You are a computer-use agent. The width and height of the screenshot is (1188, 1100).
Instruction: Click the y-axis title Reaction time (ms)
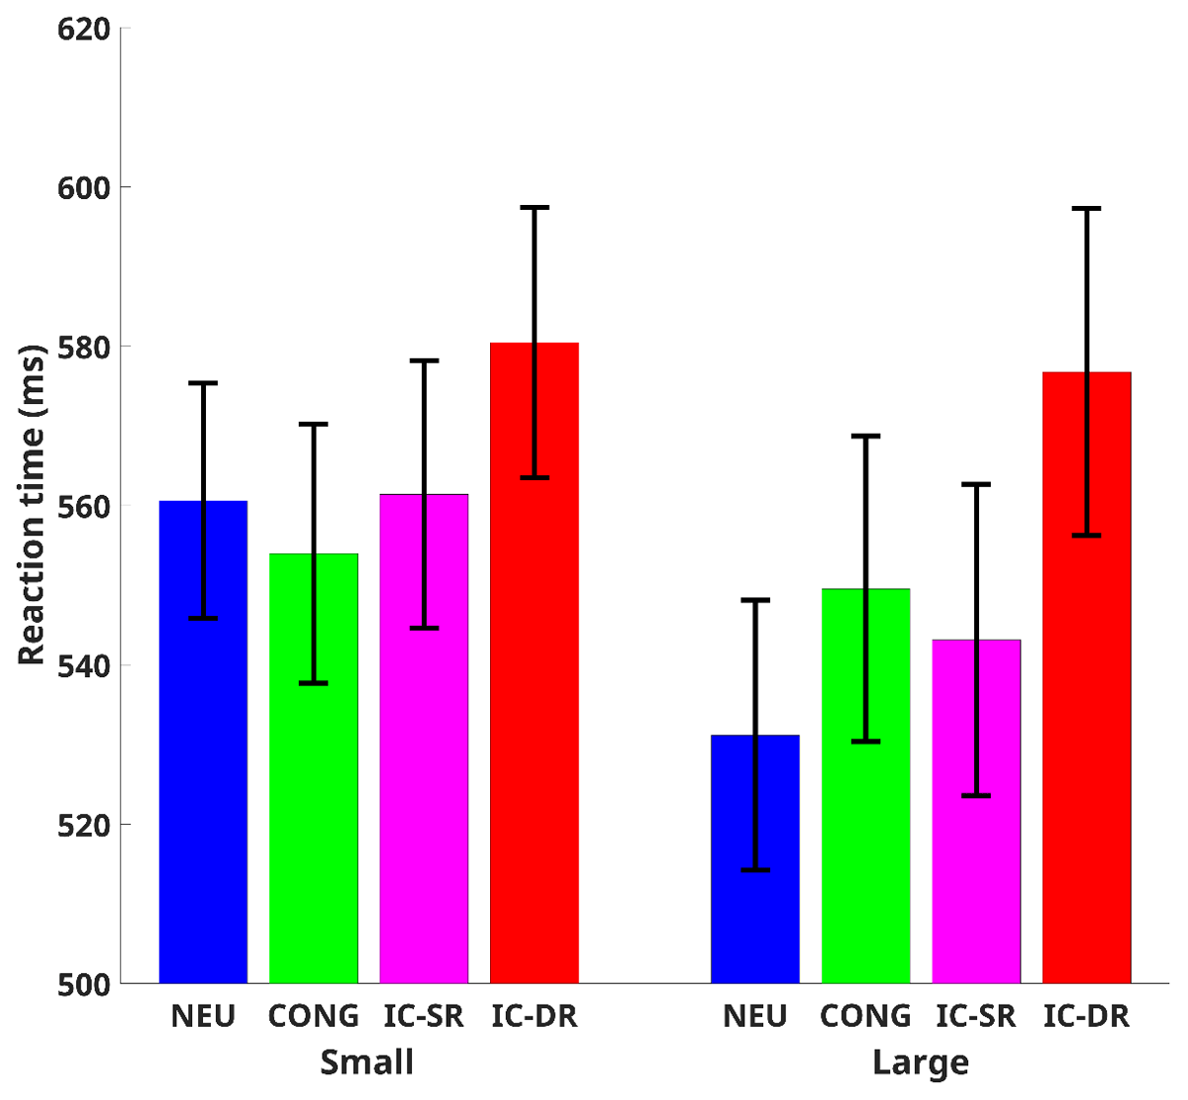[33, 505]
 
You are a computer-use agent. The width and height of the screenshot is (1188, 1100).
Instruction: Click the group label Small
[367, 1062]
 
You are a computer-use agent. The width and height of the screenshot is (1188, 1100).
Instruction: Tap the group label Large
[920, 1062]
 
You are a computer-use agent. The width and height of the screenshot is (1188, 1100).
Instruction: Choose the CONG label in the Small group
[314, 1016]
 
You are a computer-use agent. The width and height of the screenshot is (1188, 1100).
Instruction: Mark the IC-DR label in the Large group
[1086, 1016]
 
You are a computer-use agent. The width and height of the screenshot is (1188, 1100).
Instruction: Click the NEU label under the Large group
[755, 1016]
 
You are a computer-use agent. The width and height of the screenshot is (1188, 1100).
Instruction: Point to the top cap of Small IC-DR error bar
[535, 208]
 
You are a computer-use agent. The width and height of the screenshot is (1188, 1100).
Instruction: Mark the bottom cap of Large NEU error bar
[755, 870]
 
